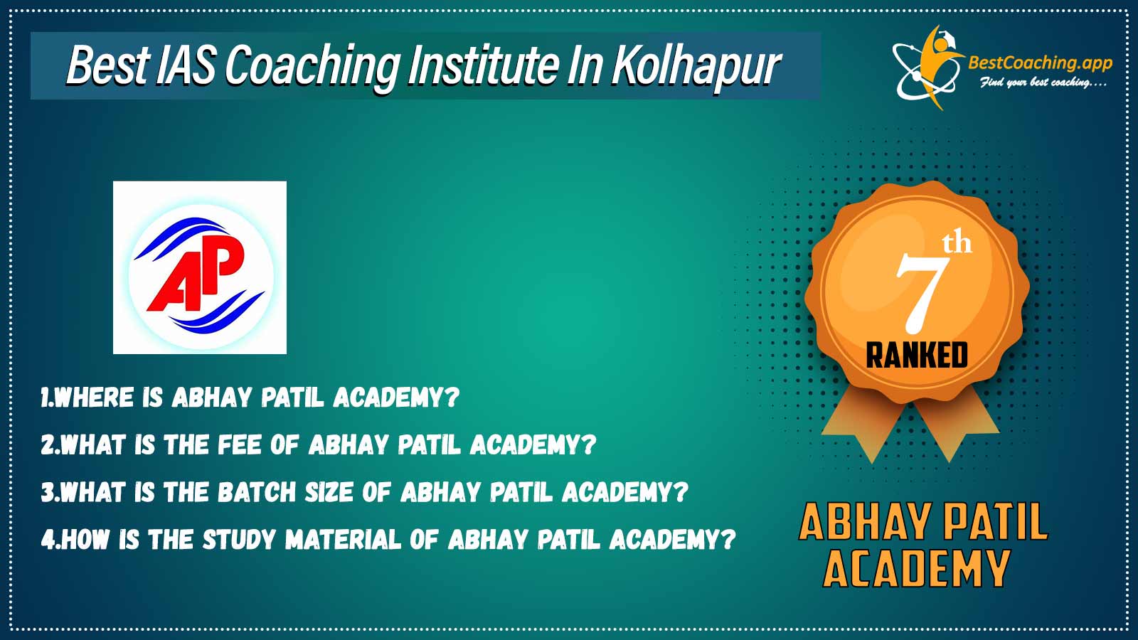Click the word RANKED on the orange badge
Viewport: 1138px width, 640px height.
(x=917, y=355)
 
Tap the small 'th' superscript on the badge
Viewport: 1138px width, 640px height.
(x=957, y=242)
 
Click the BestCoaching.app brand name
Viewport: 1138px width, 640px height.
(x=1040, y=63)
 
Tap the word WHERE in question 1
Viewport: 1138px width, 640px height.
(x=94, y=398)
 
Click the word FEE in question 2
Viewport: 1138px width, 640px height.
(x=239, y=445)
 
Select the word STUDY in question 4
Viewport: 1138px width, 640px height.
(x=239, y=540)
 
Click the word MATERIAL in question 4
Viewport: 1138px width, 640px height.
(x=343, y=540)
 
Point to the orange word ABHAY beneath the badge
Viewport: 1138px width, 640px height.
(x=863, y=522)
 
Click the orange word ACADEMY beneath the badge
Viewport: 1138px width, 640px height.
(x=915, y=569)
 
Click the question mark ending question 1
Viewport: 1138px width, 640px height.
(x=452, y=398)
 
